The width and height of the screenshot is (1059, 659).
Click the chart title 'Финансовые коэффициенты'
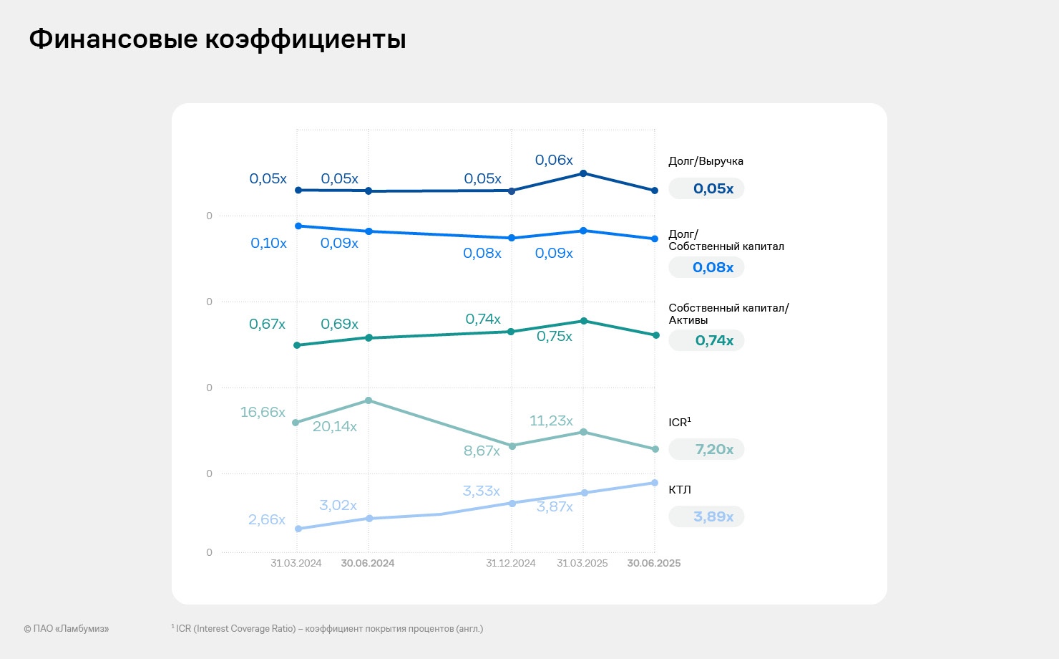218,39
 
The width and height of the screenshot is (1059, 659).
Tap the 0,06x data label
554,160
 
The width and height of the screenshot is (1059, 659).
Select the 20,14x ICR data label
334,427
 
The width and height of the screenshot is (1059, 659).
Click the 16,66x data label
263,413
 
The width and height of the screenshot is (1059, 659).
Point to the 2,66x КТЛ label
267,520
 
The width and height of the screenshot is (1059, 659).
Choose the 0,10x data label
268,244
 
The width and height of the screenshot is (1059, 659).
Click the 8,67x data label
482,451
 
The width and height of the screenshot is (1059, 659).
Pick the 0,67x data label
267,324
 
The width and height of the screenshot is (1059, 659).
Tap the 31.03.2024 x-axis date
296,563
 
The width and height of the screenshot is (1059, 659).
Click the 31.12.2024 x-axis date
510,563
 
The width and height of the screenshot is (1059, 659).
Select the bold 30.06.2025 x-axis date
653,563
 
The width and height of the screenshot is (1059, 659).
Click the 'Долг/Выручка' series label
706,161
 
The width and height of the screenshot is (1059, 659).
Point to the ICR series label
679,423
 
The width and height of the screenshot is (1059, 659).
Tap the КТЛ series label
679,490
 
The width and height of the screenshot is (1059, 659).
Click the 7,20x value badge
706,450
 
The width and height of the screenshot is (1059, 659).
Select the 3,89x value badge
706,517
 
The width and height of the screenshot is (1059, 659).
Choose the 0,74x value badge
706,341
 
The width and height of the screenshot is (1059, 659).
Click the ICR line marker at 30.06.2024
369,400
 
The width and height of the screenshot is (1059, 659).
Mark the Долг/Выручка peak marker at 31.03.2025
583,173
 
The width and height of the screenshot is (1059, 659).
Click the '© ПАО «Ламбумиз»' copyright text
66,629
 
